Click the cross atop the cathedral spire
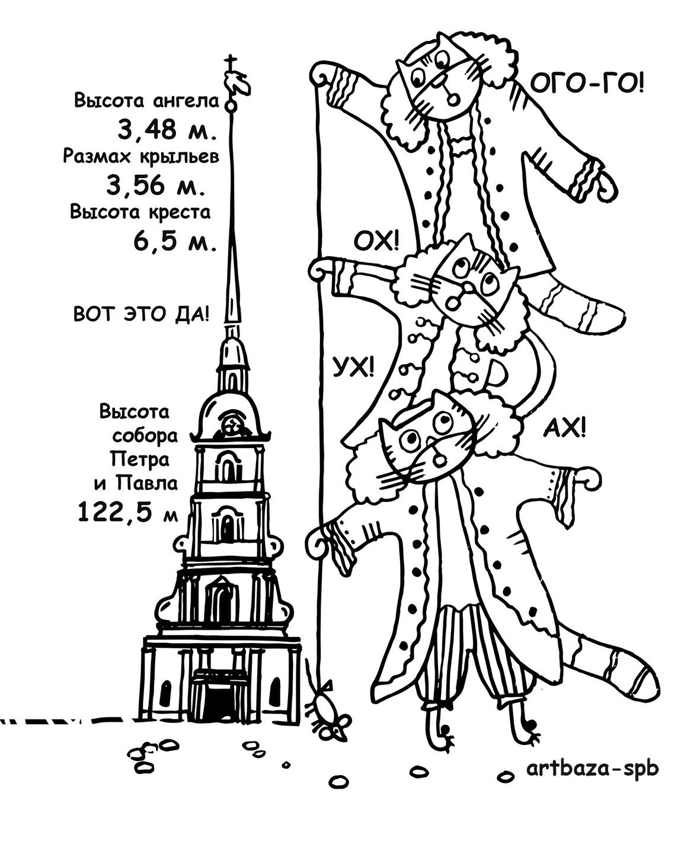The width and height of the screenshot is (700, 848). [x=231, y=63]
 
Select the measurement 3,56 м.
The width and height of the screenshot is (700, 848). [x=156, y=185]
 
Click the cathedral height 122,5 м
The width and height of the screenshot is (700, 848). [x=127, y=511]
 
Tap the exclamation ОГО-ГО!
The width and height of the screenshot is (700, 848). [x=587, y=85]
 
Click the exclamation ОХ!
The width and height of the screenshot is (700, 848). [x=376, y=242]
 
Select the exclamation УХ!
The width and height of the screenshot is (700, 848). [x=353, y=367]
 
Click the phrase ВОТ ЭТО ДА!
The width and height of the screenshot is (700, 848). [x=142, y=314]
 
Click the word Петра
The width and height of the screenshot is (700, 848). [x=139, y=459]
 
